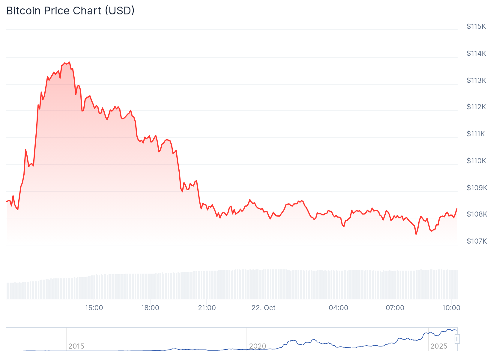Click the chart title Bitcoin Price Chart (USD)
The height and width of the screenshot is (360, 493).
(x=70, y=11)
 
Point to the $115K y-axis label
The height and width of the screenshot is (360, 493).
(x=476, y=26)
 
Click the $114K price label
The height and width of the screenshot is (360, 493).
(x=476, y=53)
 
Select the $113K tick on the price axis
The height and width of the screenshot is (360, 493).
(x=476, y=80)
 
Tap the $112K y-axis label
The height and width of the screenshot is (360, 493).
(x=476, y=107)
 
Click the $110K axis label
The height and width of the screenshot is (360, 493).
(x=476, y=161)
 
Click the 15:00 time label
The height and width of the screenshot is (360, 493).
(x=94, y=308)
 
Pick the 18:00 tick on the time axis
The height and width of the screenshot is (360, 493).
(x=150, y=308)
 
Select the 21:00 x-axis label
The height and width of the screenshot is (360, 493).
(x=207, y=308)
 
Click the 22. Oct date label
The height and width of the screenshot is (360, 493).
(x=263, y=308)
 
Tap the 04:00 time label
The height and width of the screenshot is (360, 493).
(x=339, y=308)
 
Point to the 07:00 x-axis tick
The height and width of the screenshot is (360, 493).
(x=395, y=308)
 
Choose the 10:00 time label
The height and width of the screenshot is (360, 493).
(x=451, y=308)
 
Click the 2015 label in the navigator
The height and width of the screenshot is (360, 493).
(x=76, y=346)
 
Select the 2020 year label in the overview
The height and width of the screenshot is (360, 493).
(x=258, y=346)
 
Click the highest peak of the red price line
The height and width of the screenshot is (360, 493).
(x=70, y=62)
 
